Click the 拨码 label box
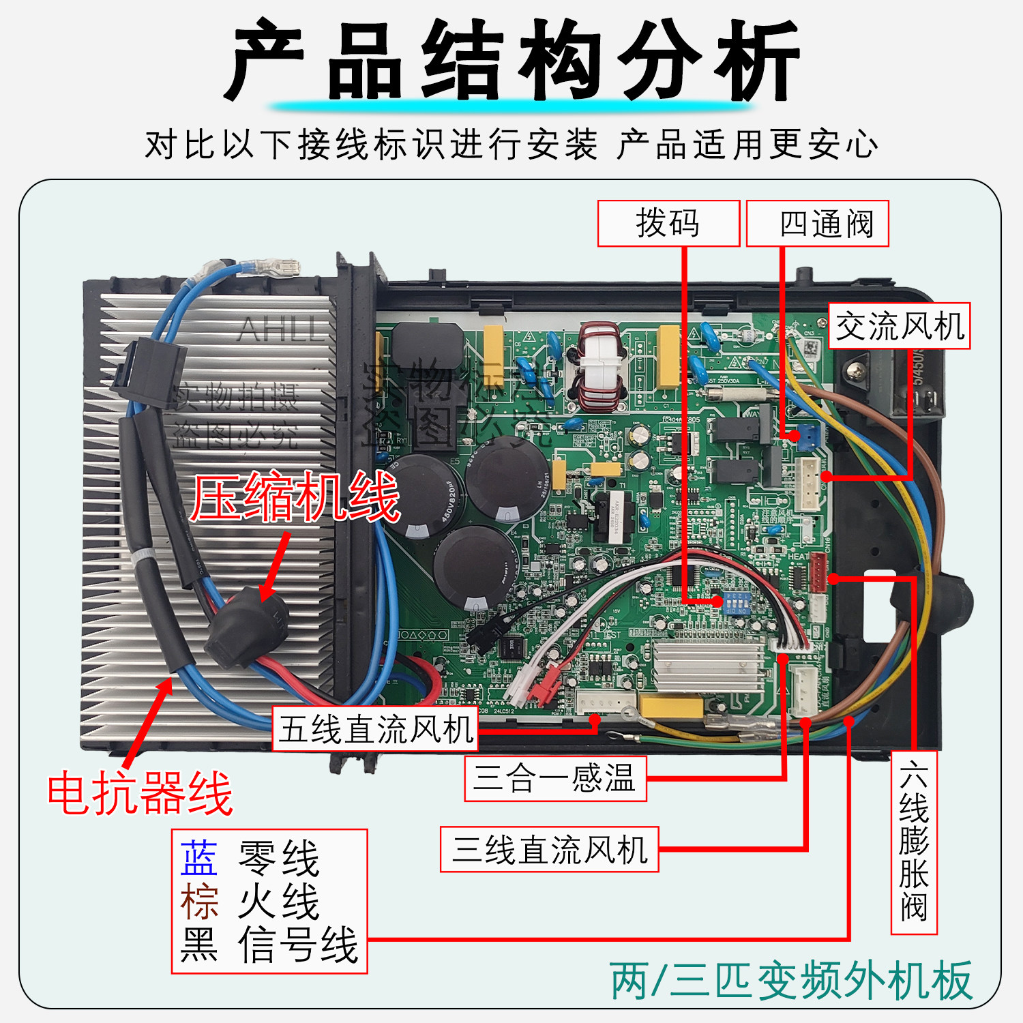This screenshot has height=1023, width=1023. [668, 224]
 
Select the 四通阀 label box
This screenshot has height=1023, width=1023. [817, 224]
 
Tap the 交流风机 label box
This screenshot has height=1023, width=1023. [899, 327]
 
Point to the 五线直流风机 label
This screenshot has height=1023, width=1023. [375, 729]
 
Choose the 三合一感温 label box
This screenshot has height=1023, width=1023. [555, 778]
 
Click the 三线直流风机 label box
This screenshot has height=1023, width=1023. [549, 850]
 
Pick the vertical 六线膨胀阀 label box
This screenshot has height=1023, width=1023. [914, 843]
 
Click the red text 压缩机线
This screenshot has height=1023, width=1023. [295, 497]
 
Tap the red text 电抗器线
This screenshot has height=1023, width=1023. [140, 793]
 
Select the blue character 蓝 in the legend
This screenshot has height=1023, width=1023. [199, 858]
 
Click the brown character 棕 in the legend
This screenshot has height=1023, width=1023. [199, 902]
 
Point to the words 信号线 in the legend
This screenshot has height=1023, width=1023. [298, 945]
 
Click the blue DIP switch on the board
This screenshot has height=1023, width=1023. [737, 603]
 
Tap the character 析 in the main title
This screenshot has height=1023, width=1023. [757, 61]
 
